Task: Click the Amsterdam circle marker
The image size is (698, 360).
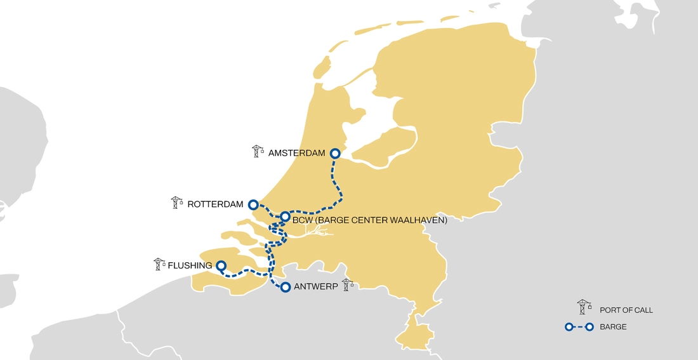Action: tap(336, 154)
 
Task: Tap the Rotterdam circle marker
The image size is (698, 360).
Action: tap(253, 204)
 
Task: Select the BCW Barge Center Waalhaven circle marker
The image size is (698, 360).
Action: tap(286, 217)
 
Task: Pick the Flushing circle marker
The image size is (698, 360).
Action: tap(221, 265)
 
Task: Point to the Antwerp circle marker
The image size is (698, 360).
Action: tap(286, 287)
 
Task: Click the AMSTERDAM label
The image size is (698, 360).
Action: tap(296, 154)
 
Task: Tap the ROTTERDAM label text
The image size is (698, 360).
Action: tap(216, 204)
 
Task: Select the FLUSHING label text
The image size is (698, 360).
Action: tap(190, 265)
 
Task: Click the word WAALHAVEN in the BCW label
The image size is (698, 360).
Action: tap(415, 221)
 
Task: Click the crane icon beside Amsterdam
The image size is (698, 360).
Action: tap(257, 151)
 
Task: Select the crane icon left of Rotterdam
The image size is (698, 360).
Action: tap(176, 203)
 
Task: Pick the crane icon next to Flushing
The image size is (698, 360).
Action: tap(159, 263)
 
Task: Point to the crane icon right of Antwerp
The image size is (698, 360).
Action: tap(346, 284)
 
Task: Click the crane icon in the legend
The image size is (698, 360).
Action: tap(584, 307)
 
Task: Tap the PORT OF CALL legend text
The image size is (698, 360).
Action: tap(626, 310)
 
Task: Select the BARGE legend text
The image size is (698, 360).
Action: tap(613, 327)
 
